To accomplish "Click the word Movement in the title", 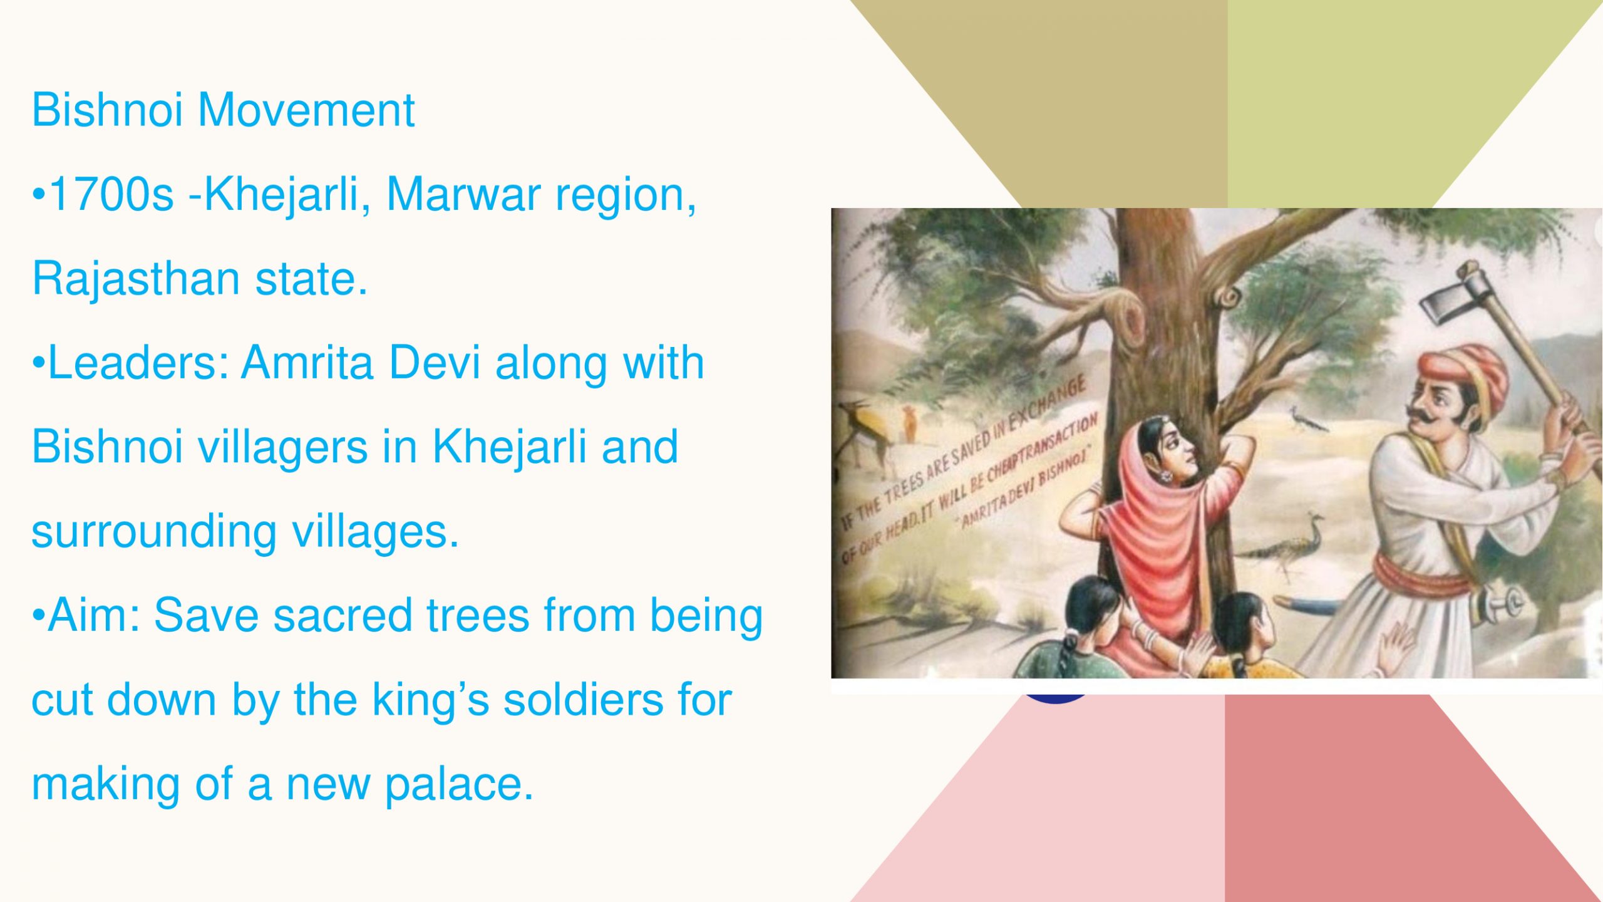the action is (x=306, y=110).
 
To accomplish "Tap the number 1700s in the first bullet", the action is (x=111, y=195).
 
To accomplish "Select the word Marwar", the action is (x=464, y=195).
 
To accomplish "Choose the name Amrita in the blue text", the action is (x=307, y=363).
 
